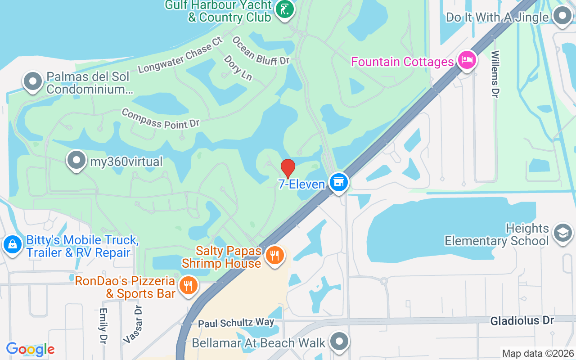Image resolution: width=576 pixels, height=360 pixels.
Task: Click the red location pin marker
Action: tap(288, 168)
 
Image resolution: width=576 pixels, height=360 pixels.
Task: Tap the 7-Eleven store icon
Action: tap(339, 182)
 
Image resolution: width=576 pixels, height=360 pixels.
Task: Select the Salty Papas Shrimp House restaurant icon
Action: tap(274, 255)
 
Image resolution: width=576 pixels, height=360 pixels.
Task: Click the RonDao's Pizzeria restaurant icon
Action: tap(188, 285)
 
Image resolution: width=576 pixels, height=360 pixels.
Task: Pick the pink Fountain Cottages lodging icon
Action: tap(466, 59)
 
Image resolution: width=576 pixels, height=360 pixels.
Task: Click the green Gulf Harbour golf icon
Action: tap(284, 9)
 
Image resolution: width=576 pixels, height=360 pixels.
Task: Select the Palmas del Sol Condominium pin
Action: tap(32, 82)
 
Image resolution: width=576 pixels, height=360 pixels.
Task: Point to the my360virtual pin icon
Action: tap(76, 160)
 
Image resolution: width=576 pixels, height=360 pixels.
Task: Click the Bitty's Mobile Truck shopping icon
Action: tap(13, 245)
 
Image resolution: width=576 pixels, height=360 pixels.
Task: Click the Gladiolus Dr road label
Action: tap(522, 320)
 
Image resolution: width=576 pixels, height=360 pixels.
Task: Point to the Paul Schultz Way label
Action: tap(236, 323)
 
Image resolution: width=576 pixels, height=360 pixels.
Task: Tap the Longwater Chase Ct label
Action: tap(180, 55)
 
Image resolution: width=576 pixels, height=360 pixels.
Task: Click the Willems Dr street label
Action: tap(495, 74)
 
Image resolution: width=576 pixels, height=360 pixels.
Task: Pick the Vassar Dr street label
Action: tap(134, 324)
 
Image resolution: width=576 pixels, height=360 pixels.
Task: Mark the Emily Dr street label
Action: tap(103, 326)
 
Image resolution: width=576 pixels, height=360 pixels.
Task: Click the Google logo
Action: tap(30, 349)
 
